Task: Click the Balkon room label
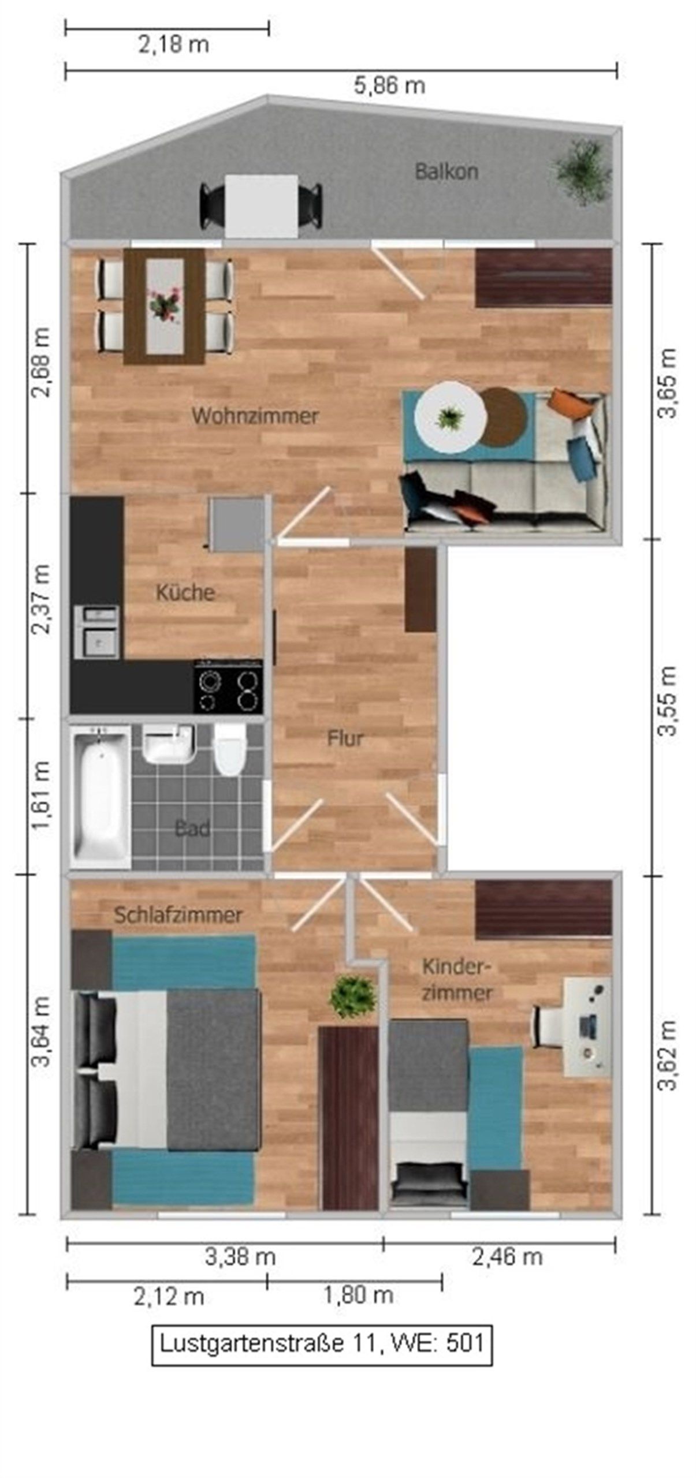point(446,171)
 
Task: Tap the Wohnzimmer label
point(255,416)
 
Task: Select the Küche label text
point(185,592)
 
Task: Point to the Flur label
point(345,738)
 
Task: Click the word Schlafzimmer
point(177,915)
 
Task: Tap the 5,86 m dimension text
point(389,86)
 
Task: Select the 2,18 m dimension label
point(173,44)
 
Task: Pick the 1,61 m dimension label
point(42,796)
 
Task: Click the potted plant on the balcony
point(582,170)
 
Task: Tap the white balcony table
point(261,204)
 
